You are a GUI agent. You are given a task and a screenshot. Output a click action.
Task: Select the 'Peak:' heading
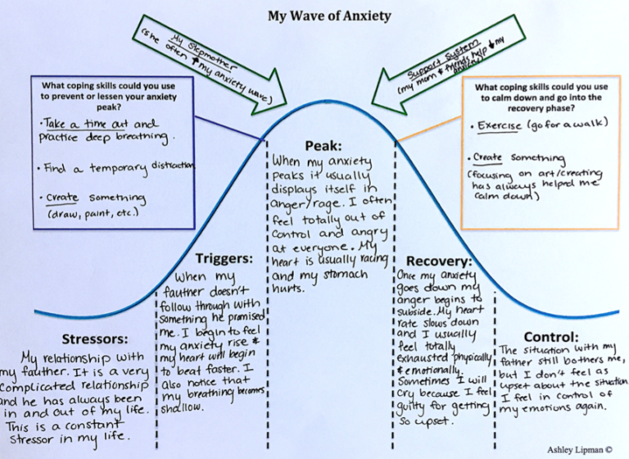point(317,145)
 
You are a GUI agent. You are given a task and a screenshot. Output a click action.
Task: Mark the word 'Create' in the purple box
point(63,198)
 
